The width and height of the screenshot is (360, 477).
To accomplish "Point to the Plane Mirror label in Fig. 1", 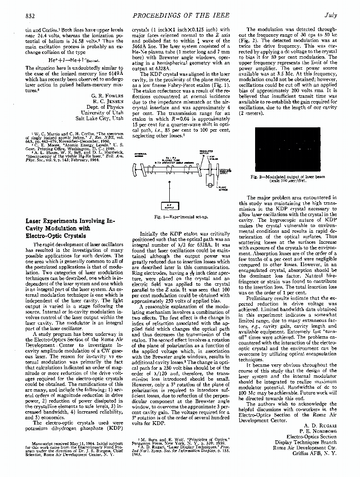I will coord(222,188).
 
